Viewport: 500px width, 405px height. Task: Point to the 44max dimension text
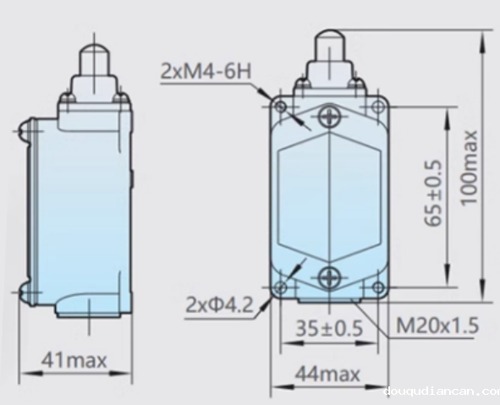(327, 373)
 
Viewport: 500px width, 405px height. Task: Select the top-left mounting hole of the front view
(280, 106)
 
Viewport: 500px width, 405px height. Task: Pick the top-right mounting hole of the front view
(377, 106)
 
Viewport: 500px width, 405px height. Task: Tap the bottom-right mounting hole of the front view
(377, 287)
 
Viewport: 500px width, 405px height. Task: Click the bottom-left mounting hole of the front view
(280, 287)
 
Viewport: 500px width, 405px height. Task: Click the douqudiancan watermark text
(440, 391)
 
